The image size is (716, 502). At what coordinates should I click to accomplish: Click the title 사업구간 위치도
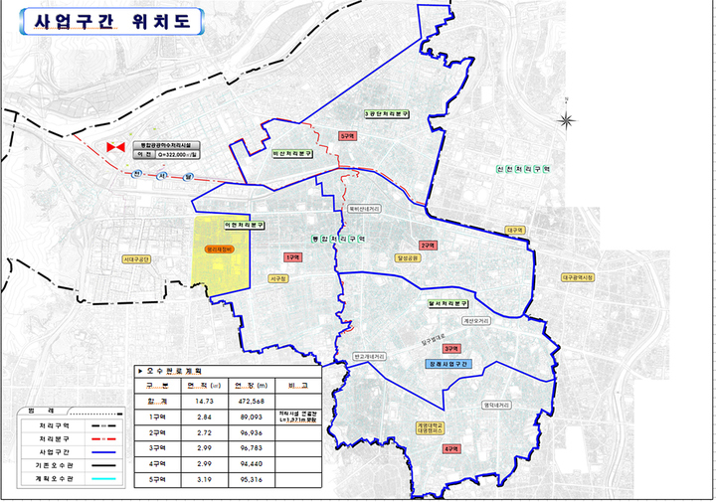pos(104,21)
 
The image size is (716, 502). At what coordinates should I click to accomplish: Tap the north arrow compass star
pos(566,121)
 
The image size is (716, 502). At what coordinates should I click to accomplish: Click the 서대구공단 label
pos(136,259)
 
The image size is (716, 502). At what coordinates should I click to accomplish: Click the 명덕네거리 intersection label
pos(496,405)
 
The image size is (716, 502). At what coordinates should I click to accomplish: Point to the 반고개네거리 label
pos(370,355)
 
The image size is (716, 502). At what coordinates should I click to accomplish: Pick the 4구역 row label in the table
pos(156,463)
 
